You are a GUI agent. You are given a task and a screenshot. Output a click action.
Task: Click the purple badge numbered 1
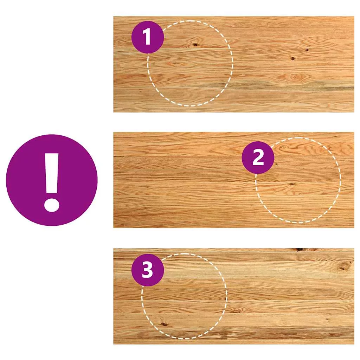[x=148, y=37]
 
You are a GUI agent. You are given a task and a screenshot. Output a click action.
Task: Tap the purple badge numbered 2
[x=258, y=157]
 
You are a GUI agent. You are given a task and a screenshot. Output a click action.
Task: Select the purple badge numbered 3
[x=148, y=270]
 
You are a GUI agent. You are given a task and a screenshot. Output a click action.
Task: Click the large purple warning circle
[x=52, y=180]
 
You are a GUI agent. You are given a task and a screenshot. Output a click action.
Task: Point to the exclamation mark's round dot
[x=52, y=204]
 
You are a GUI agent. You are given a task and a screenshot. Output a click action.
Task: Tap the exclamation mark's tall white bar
[x=52, y=173]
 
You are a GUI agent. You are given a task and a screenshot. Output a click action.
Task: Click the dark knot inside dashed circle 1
[x=195, y=45]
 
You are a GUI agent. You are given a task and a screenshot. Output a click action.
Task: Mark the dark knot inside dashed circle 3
[x=164, y=324]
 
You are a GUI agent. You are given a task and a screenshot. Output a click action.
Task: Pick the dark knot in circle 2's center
[x=291, y=184]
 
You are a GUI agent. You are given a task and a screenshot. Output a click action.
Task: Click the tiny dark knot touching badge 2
[x=276, y=164]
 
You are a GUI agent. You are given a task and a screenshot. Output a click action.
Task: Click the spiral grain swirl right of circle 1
[x=294, y=77]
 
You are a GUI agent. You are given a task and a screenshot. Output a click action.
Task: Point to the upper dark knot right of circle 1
[x=307, y=50]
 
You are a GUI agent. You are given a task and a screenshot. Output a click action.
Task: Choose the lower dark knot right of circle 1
[x=293, y=59]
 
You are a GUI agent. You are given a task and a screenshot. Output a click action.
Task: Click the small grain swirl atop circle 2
[x=284, y=147]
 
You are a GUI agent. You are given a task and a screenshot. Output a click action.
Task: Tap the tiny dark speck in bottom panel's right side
[x=327, y=319]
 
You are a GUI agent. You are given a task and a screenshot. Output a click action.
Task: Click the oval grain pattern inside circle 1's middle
[x=177, y=64]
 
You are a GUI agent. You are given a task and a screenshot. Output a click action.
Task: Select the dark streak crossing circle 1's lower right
[x=207, y=85]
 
